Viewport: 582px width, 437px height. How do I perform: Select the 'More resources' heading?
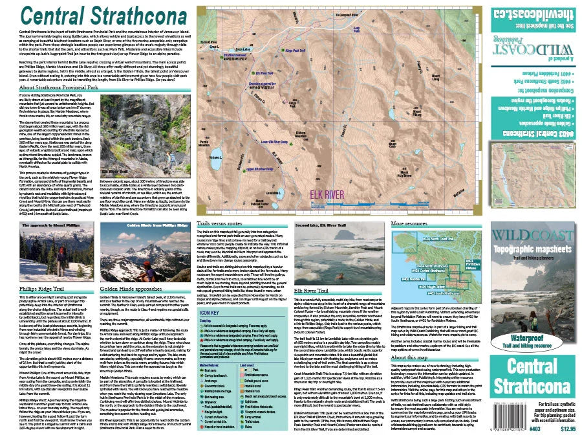(412, 188)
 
